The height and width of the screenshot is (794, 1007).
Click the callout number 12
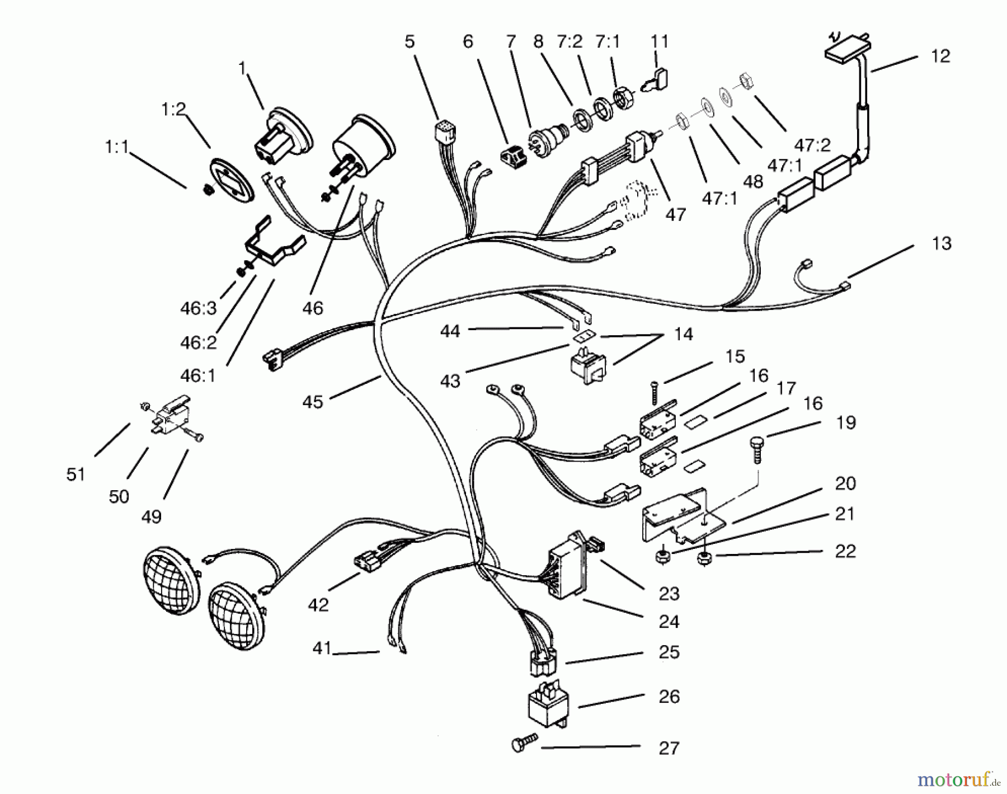tap(940, 57)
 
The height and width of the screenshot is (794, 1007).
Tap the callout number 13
tap(942, 243)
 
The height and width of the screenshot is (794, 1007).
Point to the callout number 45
tap(313, 402)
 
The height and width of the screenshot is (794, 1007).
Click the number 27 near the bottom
tap(669, 748)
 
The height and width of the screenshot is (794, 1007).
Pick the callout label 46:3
tap(199, 308)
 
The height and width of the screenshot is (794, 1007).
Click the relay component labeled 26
tap(548, 705)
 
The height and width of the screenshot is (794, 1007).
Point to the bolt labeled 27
tap(523, 744)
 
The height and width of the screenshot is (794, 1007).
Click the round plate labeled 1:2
tap(231, 178)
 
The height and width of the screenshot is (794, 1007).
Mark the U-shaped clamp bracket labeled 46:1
tap(274, 246)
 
